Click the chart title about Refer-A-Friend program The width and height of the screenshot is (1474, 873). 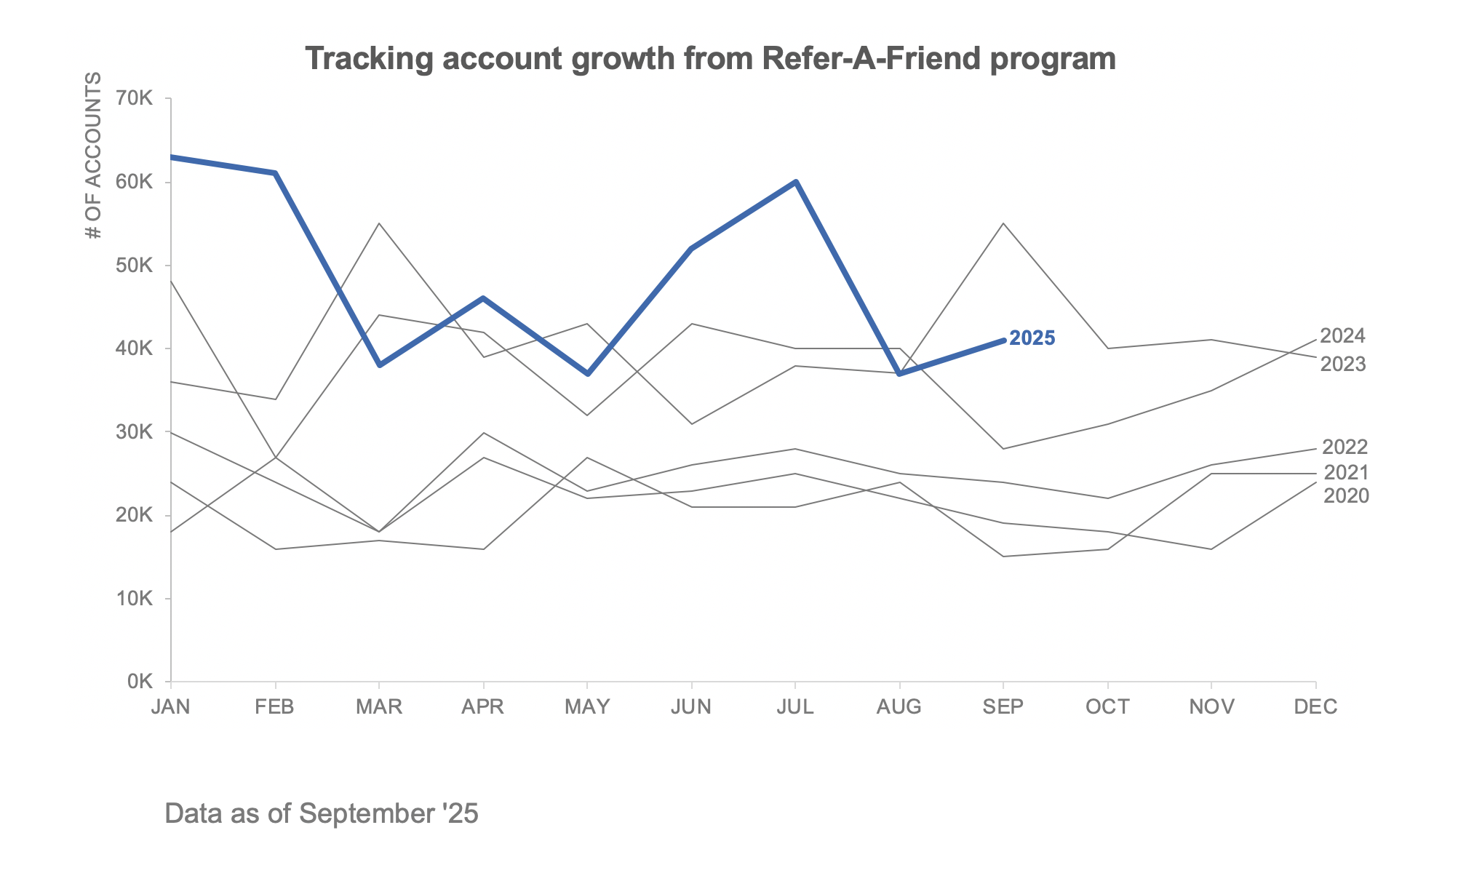[710, 59]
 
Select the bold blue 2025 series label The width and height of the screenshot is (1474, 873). [1032, 338]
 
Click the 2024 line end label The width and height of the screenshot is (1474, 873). [1342, 336]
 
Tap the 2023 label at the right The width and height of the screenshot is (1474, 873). [1343, 364]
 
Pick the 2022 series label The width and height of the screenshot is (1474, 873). [1344, 447]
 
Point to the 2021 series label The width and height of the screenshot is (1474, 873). [1346, 473]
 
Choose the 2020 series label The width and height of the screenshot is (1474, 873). [1346, 496]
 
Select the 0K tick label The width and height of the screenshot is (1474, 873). [140, 682]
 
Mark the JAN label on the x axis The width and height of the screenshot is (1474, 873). [170, 707]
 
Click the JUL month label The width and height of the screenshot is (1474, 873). [795, 707]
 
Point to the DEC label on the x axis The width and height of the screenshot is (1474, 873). [1315, 707]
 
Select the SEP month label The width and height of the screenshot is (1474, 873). [1003, 707]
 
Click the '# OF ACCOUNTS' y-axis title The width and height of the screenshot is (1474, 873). [93, 156]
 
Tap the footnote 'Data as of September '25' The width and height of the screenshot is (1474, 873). [322, 813]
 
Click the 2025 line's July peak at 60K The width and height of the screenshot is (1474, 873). [796, 181]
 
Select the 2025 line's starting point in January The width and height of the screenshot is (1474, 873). [172, 156]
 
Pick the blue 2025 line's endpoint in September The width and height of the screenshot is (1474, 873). [1003, 340]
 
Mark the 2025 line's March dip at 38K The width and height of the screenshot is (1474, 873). [379, 364]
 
